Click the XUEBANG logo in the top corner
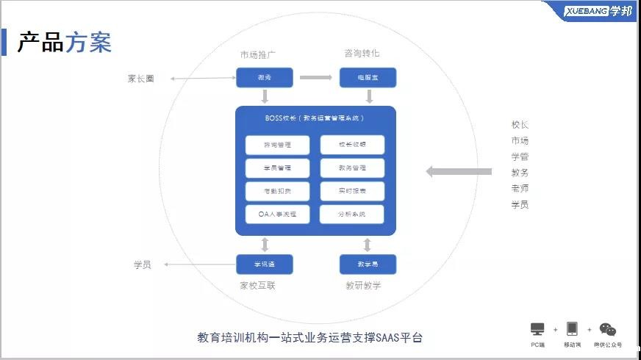(x=597, y=11)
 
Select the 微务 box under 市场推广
(x=265, y=77)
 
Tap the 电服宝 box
(x=368, y=77)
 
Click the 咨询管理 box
(x=277, y=145)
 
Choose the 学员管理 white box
(x=277, y=168)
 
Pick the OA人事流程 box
(x=277, y=215)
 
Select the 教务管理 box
(x=352, y=168)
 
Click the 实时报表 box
(x=352, y=191)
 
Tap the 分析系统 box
(x=352, y=215)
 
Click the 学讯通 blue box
(x=265, y=264)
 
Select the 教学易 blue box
(x=368, y=264)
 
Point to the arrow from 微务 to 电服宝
(x=316, y=77)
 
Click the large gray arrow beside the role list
(x=459, y=172)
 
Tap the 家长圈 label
(x=141, y=79)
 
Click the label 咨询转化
(x=362, y=54)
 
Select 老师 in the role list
(x=520, y=189)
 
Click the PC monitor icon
(x=537, y=329)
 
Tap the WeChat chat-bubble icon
(x=607, y=330)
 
